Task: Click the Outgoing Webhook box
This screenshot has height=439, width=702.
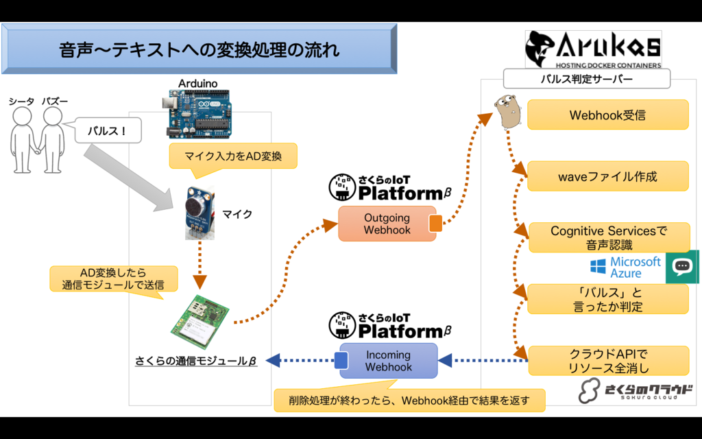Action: (x=387, y=224)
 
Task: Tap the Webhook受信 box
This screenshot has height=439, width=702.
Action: (x=607, y=115)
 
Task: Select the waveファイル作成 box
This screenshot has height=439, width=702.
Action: (x=607, y=176)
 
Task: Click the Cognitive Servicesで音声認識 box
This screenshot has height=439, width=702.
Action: (x=607, y=237)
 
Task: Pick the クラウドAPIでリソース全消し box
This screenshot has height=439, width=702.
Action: (x=607, y=361)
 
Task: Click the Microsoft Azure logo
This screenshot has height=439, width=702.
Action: (x=625, y=267)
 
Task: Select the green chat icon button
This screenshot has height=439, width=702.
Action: (x=683, y=267)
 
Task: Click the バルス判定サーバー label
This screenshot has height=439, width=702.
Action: (x=586, y=79)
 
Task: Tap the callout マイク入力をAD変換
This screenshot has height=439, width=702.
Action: (x=233, y=156)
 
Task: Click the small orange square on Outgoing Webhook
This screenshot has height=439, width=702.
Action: (x=435, y=224)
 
